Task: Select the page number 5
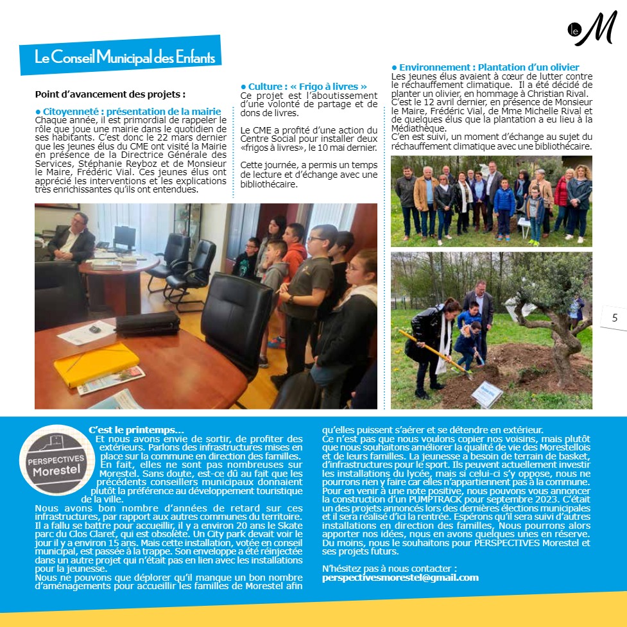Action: click(614, 318)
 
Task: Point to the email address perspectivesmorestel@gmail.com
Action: click(400, 578)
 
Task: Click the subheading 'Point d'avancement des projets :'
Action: click(110, 94)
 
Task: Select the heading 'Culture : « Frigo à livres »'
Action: click(304, 87)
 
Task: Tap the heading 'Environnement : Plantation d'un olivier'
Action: click(485, 67)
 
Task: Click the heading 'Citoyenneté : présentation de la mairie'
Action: click(126, 112)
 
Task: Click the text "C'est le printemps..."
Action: click(136, 429)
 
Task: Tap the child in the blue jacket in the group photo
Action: click(504, 204)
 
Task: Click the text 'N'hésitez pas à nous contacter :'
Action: click(389, 569)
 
